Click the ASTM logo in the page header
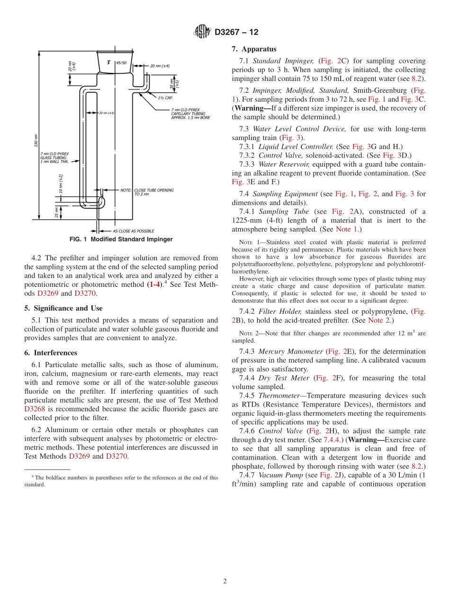[202, 32]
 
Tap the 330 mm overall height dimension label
[36, 141]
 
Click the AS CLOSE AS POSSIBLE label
[133, 231]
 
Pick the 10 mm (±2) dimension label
[61, 183]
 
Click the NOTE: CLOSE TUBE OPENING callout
[147, 192]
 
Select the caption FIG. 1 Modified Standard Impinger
[121, 239]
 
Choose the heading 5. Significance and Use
[63, 308]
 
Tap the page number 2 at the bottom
[225, 581]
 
